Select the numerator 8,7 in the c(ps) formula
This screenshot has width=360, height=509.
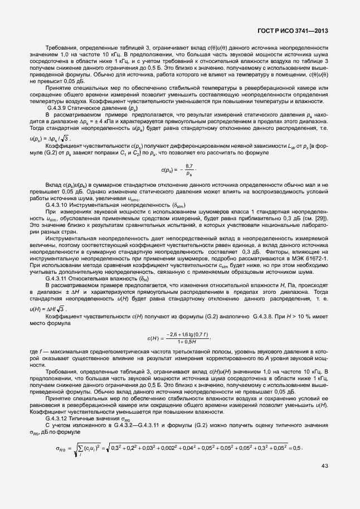pos(189,166)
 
